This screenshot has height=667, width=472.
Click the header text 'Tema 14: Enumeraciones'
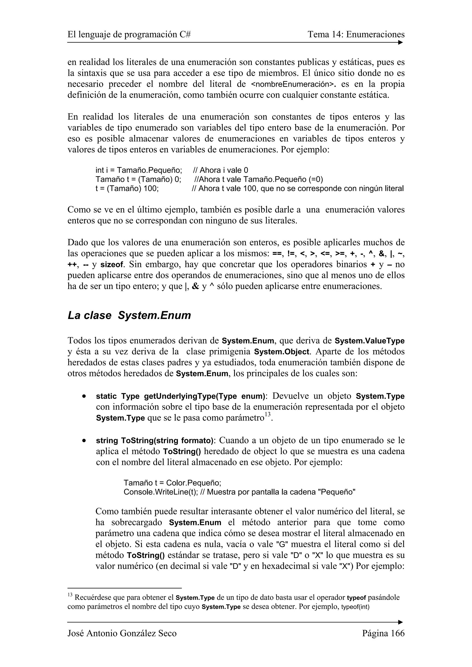(x=356, y=35)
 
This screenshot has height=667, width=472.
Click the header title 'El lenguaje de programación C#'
(x=129, y=35)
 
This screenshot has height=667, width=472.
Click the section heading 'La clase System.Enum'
(x=129, y=315)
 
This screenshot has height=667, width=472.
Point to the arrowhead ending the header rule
(x=401, y=42)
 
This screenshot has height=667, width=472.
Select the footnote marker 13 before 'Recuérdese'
(x=70, y=595)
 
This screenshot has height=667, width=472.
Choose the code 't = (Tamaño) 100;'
(x=127, y=188)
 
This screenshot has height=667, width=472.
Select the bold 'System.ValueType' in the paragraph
(x=369, y=341)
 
